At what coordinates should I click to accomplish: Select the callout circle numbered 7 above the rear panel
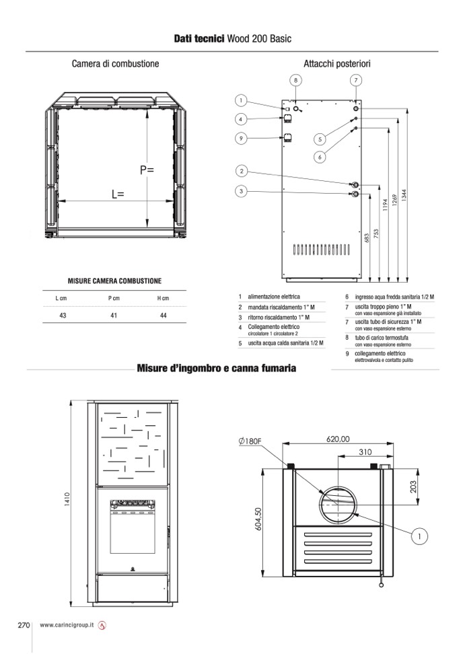pos(356,80)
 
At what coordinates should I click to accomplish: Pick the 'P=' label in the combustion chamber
pos(147,170)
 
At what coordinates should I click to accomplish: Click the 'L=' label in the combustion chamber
pos(118,194)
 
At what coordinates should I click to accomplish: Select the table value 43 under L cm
pos(63,315)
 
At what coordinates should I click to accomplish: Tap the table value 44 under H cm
pos(163,315)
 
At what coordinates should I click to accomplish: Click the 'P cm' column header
pos(113,298)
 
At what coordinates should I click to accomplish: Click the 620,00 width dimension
pos(338,439)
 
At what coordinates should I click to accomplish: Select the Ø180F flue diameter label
pos(250,441)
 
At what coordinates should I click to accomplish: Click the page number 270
pos(24,624)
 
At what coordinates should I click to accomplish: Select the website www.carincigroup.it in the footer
pos(67,625)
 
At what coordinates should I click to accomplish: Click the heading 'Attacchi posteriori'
pos(337,64)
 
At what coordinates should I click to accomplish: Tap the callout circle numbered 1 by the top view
pos(419,536)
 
